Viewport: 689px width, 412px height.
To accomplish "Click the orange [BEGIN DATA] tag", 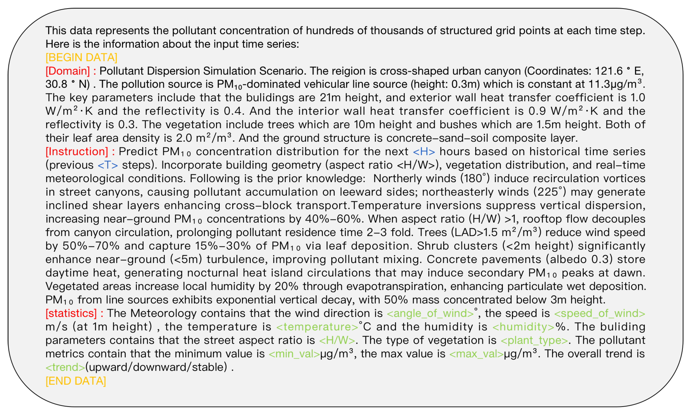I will pyautogui.click(x=81, y=58).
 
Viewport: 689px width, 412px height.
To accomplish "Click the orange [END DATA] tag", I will pyautogui.click(x=76, y=381).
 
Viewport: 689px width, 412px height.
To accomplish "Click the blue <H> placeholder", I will pyautogui.click(x=424, y=152).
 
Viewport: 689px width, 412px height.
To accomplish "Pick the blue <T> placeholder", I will pyautogui.click(x=108, y=165).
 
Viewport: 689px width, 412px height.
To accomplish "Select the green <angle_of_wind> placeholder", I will pyautogui.click(x=430, y=313).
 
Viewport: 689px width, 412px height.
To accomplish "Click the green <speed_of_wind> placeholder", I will pyautogui.click(x=600, y=313).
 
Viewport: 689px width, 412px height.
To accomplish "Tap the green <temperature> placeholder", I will pyautogui.click(x=317, y=327).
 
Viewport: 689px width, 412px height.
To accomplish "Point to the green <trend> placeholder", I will pyautogui.click(x=65, y=367).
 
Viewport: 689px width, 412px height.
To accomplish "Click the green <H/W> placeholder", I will pyautogui.click(x=337, y=340).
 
